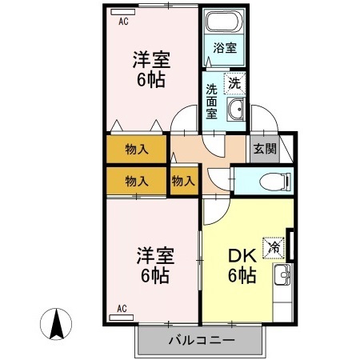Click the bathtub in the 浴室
click(x=225, y=22)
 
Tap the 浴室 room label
click(x=225, y=48)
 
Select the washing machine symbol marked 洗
click(x=234, y=84)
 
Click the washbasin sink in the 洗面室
click(x=236, y=109)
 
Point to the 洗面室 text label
click(x=211, y=102)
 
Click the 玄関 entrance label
click(x=265, y=149)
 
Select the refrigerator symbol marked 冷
click(x=274, y=248)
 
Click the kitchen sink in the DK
click(x=282, y=275)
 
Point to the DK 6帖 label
click(x=242, y=266)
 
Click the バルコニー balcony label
click(x=202, y=340)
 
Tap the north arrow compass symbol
click(x=56, y=324)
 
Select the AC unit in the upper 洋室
click(x=123, y=12)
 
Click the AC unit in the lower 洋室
click(x=122, y=318)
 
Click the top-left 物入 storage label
click(x=137, y=149)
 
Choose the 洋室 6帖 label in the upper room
click(x=151, y=70)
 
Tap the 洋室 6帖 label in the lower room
click(x=155, y=265)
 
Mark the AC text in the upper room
click(x=123, y=22)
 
